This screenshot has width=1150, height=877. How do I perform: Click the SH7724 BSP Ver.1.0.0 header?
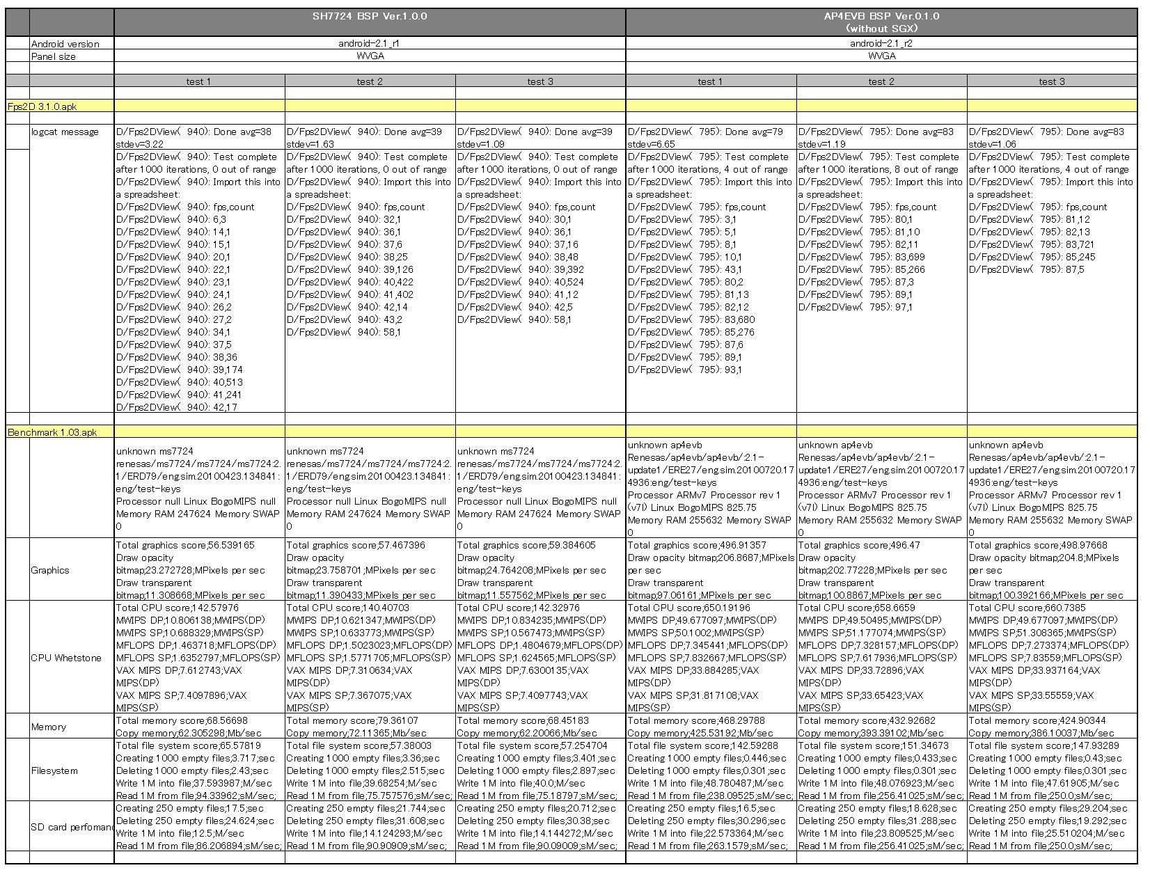[370, 16]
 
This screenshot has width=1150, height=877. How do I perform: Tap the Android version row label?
[65, 44]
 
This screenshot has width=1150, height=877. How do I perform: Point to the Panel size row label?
[54, 56]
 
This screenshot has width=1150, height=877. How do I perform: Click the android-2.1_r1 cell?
[370, 43]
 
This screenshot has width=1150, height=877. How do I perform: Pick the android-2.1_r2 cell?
[881, 43]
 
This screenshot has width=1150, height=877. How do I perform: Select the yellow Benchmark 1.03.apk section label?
[52, 432]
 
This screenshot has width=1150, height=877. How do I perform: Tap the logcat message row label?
[65, 132]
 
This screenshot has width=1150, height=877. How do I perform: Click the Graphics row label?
[50, 570]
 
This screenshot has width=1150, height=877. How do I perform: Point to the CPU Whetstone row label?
[66, 658]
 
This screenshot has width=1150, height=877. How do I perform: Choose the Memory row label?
[49, 727]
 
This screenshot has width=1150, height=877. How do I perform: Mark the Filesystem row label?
[54, 771]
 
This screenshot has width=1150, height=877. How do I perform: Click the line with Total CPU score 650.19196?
[689, 608]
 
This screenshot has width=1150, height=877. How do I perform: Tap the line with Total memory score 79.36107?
[352, 720]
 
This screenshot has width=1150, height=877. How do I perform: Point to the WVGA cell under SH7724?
[370, 56]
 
